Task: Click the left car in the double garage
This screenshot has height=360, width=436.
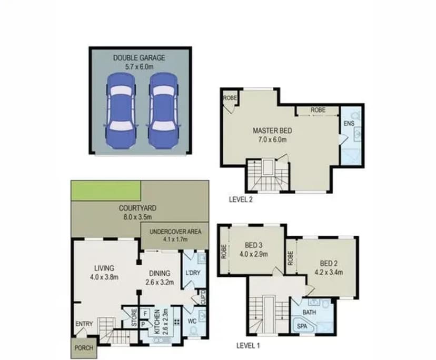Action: (x=121, y=110)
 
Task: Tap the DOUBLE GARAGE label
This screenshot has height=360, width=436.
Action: (x=140, y=58)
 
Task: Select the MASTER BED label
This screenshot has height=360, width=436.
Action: (x=272, y=131)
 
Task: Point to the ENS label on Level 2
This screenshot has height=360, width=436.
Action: (x=349, y=123)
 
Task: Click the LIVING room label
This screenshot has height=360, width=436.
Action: (x=104, y=268)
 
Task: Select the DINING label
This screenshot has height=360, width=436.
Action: (x=158, y=273)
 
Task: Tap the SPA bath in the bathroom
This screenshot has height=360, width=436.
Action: (x=303, y=326)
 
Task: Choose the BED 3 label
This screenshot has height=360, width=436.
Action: (x=254, y=245)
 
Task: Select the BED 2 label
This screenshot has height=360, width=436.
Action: (x=329, y=264)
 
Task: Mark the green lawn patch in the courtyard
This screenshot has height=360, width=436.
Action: (x=106, y=190)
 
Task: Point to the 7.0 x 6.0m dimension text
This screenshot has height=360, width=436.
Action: (x=272, y=139)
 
